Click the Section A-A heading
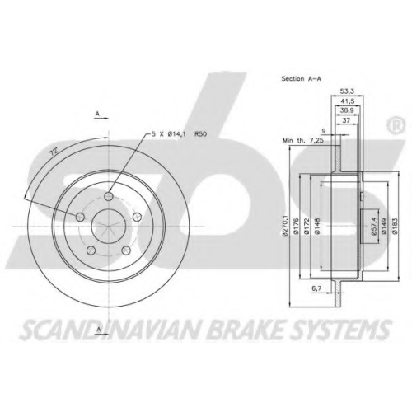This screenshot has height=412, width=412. tap(301, 79)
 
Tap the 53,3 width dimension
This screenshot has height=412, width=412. tap(347, 91)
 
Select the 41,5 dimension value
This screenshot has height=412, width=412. tap(347, 101)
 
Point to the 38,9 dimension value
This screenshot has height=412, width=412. tap(347, 110)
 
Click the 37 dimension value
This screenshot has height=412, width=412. tap(347, 120)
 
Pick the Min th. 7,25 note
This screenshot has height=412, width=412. tap(303, 140)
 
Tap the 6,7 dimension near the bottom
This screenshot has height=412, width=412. tap(317, 288)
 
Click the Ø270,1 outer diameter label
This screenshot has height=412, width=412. tap(285, 226)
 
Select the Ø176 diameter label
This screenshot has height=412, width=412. tap(296, 226)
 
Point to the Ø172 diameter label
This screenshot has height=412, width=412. tap(307, 226)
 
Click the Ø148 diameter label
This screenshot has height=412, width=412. tap(317, 226)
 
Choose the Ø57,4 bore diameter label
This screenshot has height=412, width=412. tap(373, 226)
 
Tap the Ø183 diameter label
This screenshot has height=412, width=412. tap(395, 226)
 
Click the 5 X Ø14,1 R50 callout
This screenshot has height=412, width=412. tap(179, 134)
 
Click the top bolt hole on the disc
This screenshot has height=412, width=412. tap(109, 196)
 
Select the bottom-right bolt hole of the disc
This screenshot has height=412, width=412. tap(126, 250)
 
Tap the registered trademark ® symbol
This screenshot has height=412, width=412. tap(396, 125)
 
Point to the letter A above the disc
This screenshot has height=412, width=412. tap(97, 113)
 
